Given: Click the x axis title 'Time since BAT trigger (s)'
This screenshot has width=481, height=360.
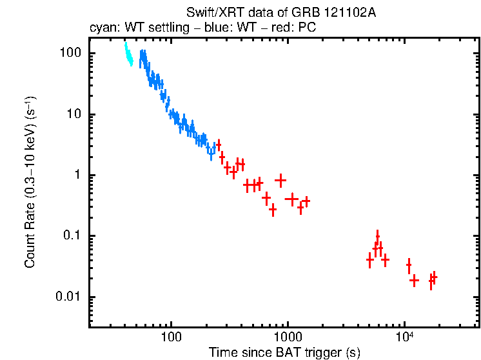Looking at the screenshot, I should click(284, 352).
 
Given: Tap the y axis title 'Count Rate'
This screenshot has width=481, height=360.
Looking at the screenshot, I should click(30, 183).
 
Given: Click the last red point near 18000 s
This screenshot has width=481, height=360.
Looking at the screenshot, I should click(434, 277).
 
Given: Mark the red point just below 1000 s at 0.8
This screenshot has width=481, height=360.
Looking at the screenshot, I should click(280, 180).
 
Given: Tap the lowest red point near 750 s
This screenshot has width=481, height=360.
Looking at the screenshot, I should click(273, 210).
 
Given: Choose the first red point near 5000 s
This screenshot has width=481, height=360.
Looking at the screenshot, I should click(369, 261).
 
